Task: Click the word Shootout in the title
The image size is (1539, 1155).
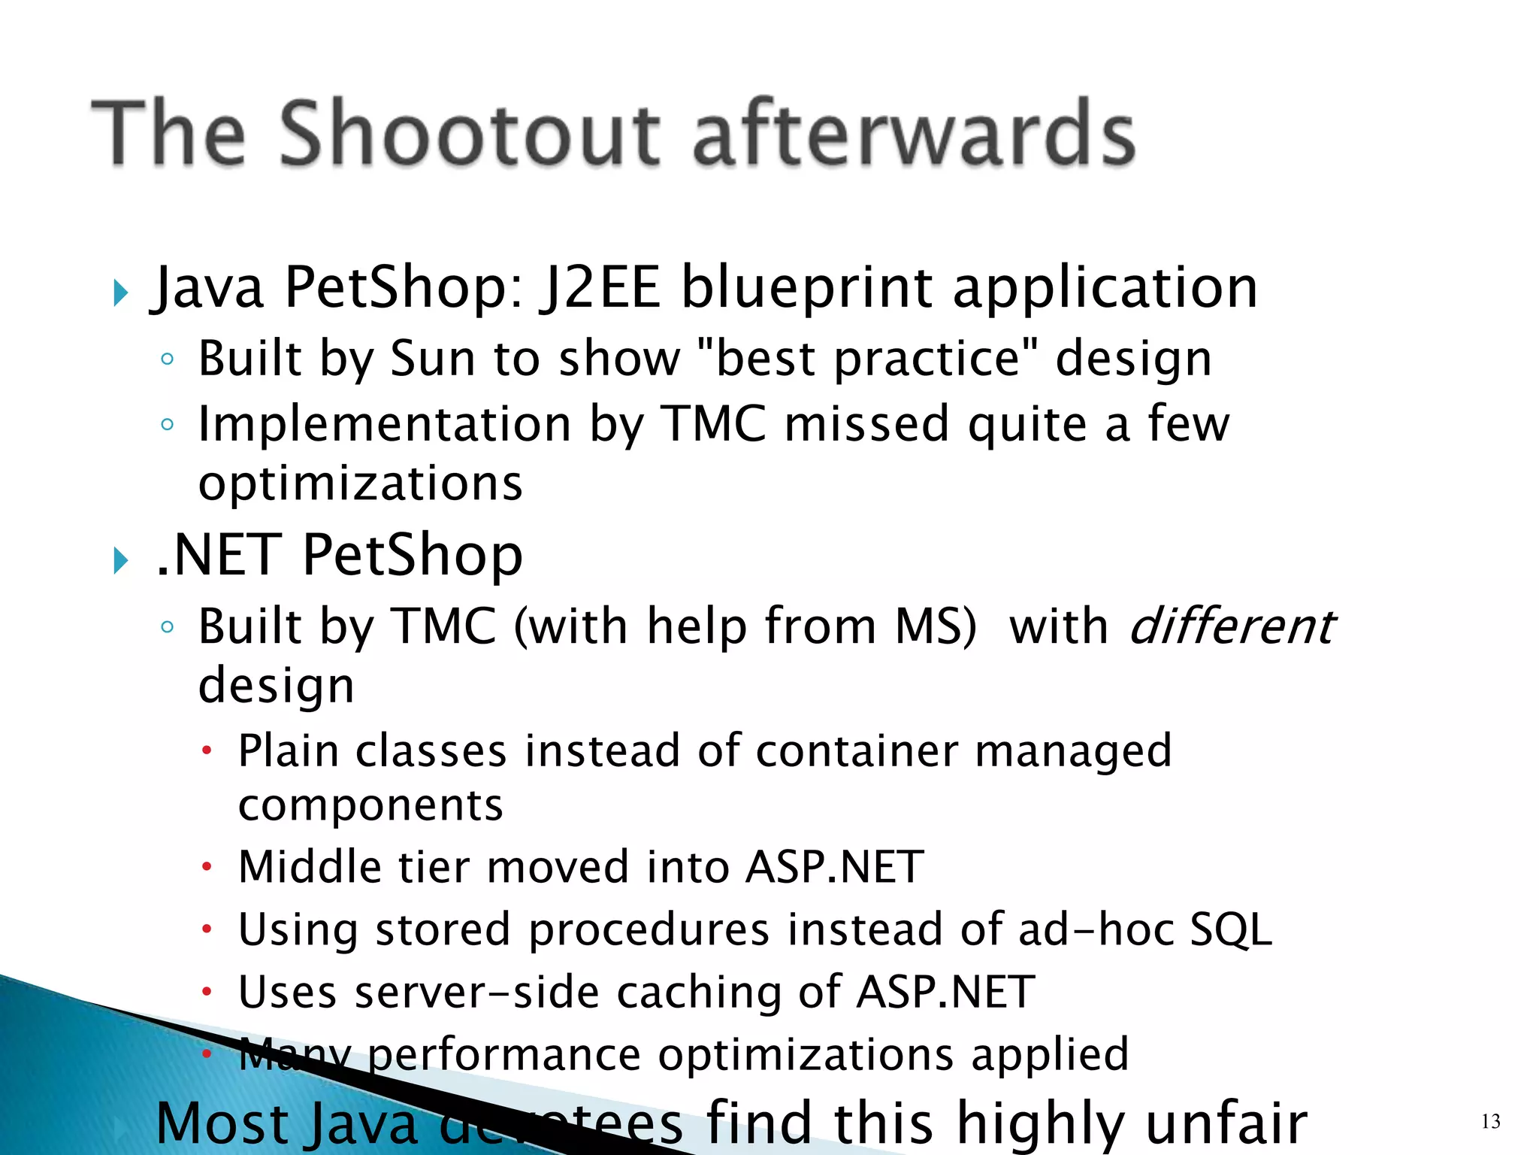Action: point(470,134)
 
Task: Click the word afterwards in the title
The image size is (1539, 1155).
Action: point(913,134)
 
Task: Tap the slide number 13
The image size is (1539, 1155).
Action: point(1490,1122)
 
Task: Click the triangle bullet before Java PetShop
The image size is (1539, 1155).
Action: point(121,292)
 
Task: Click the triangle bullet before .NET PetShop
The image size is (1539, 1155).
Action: point(121,560)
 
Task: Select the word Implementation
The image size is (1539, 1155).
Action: point(384,424)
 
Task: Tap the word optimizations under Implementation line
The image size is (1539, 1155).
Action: point(361,483)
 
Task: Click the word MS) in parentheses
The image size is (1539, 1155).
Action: point(936,626)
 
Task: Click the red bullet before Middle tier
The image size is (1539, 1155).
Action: point(207,868)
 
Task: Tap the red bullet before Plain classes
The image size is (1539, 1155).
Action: point(207,750)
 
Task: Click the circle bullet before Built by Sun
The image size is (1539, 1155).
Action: point(168,359)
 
